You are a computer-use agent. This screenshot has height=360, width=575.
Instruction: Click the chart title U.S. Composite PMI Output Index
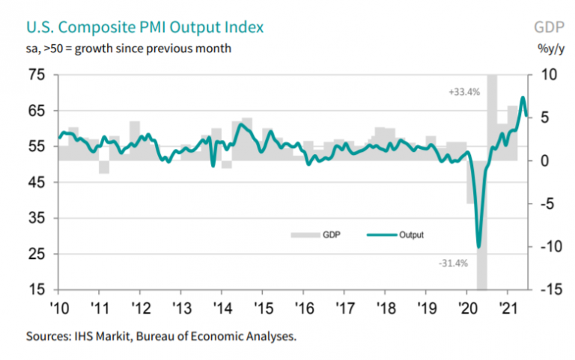click(144, 28)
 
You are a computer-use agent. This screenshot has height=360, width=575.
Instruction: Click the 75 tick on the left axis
click(37, 75)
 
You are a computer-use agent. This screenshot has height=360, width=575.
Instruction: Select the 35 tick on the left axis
click(37, 218)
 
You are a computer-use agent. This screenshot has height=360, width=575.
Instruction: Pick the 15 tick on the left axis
click(37, 290)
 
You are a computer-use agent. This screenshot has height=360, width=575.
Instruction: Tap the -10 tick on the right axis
click(547, 247)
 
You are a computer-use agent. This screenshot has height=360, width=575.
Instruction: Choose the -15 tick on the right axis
click(547, 290)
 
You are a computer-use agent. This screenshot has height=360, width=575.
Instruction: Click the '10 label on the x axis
click(59, 307)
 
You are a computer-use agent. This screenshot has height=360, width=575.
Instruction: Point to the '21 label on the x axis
click(508, 307)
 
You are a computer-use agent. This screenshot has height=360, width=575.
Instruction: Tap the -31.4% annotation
click(453, 263)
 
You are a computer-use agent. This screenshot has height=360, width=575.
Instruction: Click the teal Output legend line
click(381, 235)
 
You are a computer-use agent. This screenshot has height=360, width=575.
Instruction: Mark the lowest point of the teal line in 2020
click(478, 246)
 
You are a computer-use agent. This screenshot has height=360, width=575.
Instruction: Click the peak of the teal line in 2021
click(523, 98)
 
